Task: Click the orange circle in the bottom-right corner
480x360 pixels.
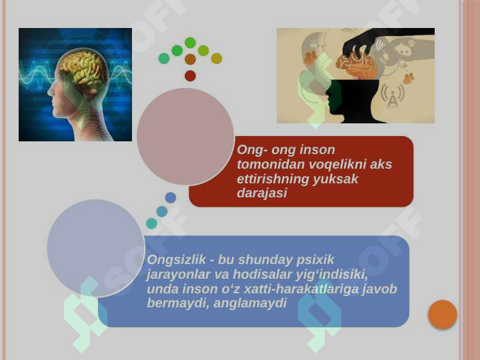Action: [442, 315]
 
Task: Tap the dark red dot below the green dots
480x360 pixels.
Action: [190, 76]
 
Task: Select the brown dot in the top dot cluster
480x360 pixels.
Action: [190, 59]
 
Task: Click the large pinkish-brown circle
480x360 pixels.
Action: [185, 137]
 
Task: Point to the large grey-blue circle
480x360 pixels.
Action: [96, 248]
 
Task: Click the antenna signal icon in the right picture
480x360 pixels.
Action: [393, 96]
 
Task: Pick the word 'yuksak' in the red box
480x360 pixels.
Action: [337, 179]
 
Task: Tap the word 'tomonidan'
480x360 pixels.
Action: [267, 165]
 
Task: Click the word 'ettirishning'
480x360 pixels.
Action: [273, 179]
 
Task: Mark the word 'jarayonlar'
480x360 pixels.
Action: [177, 275]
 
